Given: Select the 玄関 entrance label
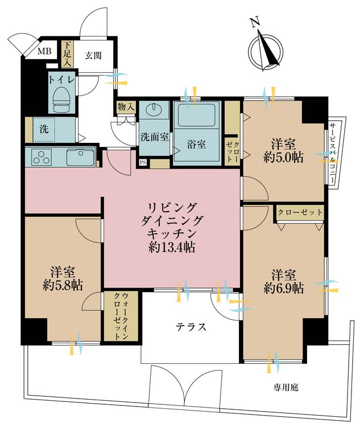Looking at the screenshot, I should click(93, 55).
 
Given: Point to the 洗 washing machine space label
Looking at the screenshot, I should click(43, 129).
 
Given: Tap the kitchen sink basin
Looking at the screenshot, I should click(80, 157).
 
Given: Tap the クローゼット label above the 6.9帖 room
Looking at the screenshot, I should click(300, 212).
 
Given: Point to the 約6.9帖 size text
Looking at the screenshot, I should click(283, 288).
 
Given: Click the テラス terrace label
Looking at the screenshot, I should click(190, 327).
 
